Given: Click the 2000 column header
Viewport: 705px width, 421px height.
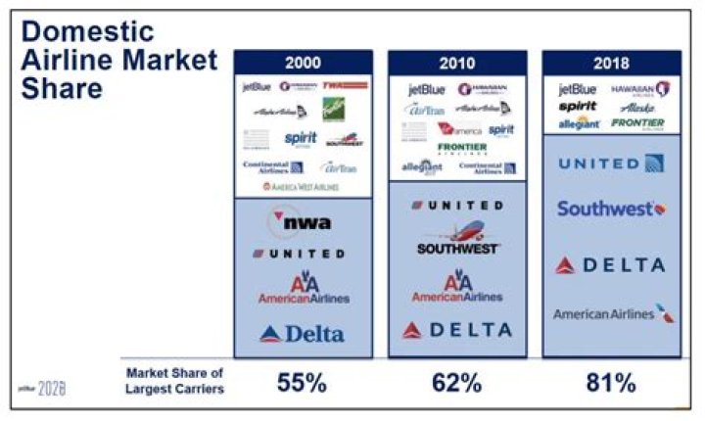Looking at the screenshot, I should coord(303,63).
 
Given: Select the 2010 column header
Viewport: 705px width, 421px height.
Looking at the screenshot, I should coord(457,63).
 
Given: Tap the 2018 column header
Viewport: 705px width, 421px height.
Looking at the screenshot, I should coord(611,63).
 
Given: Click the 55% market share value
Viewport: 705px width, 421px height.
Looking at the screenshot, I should coord(303,382).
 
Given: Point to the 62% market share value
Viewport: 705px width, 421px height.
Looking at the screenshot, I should coord(457,382).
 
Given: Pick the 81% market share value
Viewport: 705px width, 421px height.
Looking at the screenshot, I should coord(611,382).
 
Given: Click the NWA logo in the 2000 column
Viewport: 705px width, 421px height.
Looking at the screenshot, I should coord(302,221).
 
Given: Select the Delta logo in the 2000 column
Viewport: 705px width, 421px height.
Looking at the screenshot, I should coord(303,334).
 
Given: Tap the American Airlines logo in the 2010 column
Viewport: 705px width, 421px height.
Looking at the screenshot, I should coord(456,288).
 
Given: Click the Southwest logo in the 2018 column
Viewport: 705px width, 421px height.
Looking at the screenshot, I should coord(611,209).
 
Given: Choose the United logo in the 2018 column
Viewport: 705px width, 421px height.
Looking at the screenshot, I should coord(611,164).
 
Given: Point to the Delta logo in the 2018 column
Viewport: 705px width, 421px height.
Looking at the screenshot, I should coord(611,264).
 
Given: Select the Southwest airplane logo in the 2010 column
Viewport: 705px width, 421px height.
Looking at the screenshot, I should coord(456,239).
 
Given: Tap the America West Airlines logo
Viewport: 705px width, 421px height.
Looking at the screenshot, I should coord(302,186).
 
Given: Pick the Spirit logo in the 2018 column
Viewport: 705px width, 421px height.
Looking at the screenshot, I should coord(578,106).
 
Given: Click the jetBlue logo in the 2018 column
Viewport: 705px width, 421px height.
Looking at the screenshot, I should coord(577,89).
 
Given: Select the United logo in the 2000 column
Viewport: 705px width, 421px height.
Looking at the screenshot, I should coord(299,254).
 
